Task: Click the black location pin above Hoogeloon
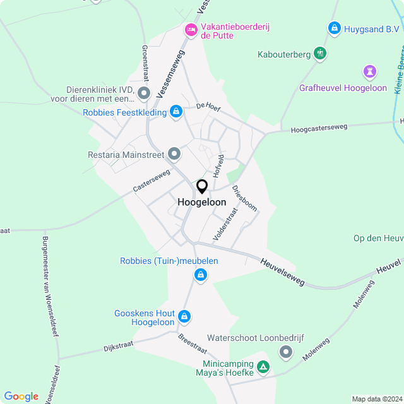coord(202,187)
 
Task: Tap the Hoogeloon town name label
coord(202,202)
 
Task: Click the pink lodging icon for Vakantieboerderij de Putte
coord(190,29)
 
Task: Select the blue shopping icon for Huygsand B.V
coord(334,28)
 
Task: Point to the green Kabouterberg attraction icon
coord(321,54)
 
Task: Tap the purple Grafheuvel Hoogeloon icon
coord(370,71)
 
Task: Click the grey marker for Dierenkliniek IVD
coord(144,95)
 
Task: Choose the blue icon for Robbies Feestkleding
coord(176,112)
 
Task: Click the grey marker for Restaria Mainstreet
coord(174,154)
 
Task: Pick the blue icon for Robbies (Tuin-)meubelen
coord(200,275)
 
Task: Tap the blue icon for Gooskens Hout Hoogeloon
coord(184,316)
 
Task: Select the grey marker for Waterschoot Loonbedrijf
coord(287,352)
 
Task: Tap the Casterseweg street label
coord(151,181)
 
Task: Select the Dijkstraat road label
coord(119,346)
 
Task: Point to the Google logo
coord(21,396)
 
